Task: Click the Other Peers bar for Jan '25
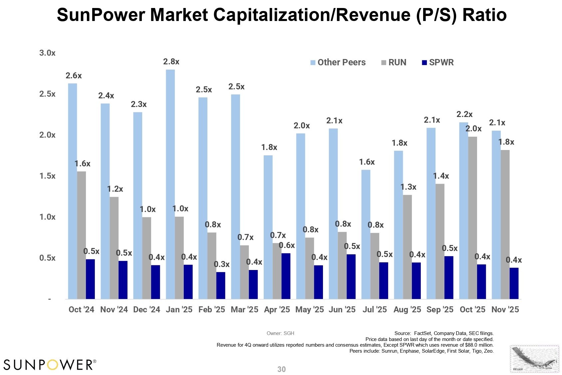170,184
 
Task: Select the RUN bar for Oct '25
472,218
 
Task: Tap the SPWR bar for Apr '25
286,276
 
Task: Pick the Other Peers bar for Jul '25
366,234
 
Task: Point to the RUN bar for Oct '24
82,235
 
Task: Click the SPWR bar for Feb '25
220,285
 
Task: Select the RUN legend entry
394,63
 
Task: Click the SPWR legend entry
438,63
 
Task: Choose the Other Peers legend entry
338,63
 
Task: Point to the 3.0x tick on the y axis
47,53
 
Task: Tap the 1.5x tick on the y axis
47,176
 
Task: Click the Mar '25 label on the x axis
244,310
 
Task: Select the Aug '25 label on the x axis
407,310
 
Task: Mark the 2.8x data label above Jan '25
171,62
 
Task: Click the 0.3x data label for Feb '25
222,264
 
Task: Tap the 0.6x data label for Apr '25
287,245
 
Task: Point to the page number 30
281,369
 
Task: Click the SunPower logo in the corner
50,365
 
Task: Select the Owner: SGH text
280,333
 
